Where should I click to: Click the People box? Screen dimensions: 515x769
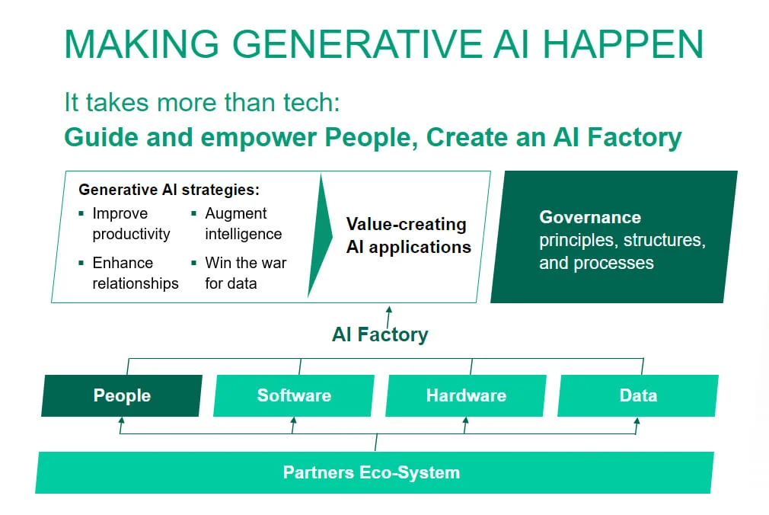click(122, 395)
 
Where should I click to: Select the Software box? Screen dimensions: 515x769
click(294, 395)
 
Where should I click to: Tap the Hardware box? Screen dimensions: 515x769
click(466, 395)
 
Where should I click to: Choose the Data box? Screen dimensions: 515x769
click(638, 395)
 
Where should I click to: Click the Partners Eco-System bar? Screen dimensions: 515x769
click(372, 472)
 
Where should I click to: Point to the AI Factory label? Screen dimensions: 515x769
click(380, 334)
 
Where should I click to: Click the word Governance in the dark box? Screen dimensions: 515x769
click(590, 217)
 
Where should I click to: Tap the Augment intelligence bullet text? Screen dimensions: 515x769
click(243, 224)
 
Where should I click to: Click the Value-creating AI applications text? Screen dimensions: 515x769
click(408, 235)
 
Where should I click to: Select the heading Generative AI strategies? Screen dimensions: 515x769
click(169, 190)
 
